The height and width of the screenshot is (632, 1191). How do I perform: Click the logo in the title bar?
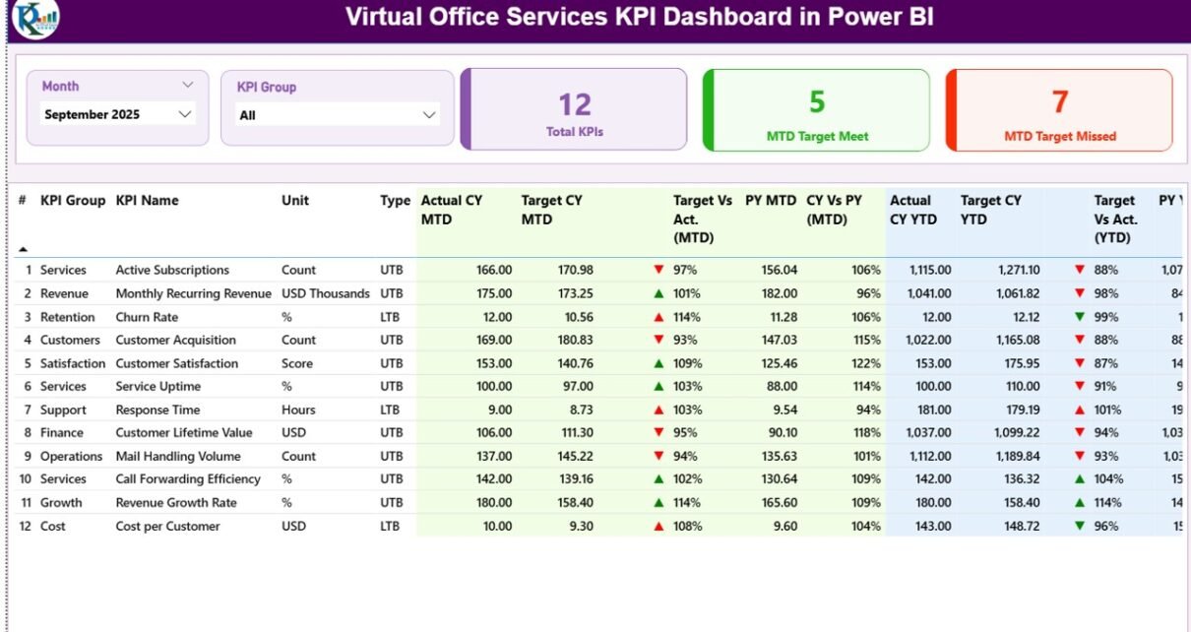pyautogui.click(x=35, y=19)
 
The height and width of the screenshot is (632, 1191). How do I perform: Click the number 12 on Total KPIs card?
pyautogui.click(x=575, y=104)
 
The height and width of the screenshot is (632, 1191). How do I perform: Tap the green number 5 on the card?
pyautogui.click(x=817, y=101)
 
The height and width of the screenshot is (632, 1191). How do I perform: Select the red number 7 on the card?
pyautogui.click(x=1059, y=101)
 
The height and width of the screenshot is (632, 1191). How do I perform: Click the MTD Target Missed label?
pyautogui.click(x=1059, y=137)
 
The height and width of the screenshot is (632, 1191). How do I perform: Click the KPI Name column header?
pyautogui.click(x=147, y=201)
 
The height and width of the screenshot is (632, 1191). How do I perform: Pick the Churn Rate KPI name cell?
pyautogui.click(x=147, y=317)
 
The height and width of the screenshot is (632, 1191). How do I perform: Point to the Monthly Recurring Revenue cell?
pyautogui.click(x=193, y=293)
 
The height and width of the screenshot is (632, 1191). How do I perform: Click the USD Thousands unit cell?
pyautogui.click(x=325, y=293)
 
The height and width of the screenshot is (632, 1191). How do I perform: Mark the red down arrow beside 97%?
pyautogui.click(x=658, y=270)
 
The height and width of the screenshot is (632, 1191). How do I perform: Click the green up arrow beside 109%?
pyautogui.click(x=658, y=363)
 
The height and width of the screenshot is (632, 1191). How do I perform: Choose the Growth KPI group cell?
pyautogui.click(x=60, y=502)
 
